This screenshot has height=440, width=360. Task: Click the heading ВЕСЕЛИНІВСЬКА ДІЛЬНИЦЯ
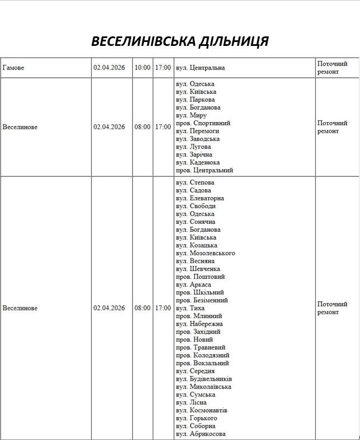[180, 41]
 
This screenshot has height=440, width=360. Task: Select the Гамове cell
[13, 68]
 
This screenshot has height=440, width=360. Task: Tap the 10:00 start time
[142, 68]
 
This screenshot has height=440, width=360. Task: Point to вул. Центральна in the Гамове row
[200, 68]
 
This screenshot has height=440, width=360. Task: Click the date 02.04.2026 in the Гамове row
[109, 68]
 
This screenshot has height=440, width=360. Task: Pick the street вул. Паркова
[195, 100]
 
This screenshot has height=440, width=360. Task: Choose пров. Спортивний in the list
[203, 123]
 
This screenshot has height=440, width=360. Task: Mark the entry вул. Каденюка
[197, 162]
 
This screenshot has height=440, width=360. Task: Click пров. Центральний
[204, 170]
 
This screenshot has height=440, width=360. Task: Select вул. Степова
[195, 182]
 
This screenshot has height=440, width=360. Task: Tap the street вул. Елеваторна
[200, 198]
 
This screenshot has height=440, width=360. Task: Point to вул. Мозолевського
[205, 253]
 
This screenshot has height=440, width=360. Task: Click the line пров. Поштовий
[200, 277]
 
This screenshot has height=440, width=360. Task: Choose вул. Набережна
[199, 324]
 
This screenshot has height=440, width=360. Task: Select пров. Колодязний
[202, 355]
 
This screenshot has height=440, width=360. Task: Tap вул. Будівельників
[204, 378]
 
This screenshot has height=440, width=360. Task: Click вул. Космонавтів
[202, 410]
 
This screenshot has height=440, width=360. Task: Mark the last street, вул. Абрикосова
[200, 434]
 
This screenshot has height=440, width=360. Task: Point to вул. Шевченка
[198, 269]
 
